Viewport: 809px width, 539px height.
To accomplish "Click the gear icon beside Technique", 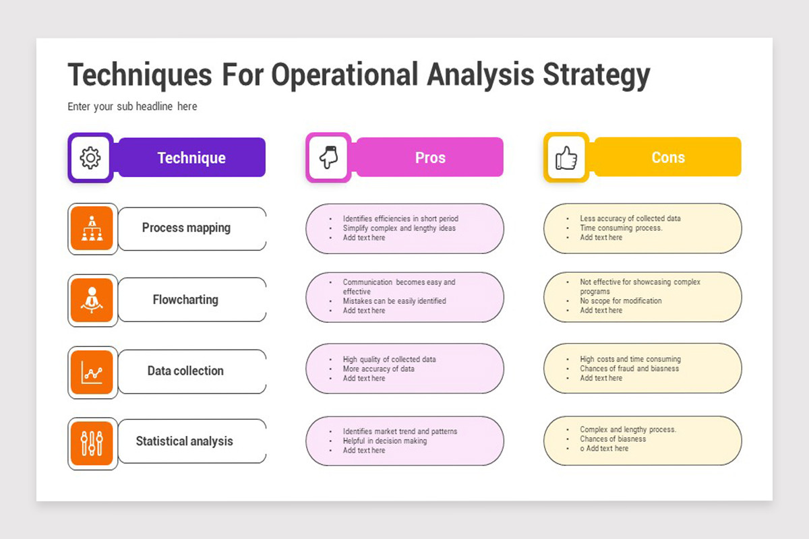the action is coord(90,158).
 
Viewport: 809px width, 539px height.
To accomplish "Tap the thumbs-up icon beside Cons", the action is coord(566,158).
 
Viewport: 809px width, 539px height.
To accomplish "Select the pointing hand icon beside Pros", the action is coord(328,157).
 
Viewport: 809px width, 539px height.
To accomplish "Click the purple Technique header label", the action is coord(191,158).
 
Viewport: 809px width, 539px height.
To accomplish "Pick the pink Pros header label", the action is coord(430,157).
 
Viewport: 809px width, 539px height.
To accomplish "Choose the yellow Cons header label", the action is coord(668,157).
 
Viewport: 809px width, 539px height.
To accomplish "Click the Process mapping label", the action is coord(186,228).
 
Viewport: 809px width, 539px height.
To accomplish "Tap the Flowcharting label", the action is coord(185,300).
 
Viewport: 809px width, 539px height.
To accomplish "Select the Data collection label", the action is coord(185,371).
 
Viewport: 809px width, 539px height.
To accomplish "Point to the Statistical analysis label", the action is coord(185,441).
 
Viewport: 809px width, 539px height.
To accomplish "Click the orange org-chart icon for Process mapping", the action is coord(92,228).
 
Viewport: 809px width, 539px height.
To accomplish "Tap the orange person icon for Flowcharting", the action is coord(92,300).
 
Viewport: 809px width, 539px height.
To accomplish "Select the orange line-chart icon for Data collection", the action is coord(92,372).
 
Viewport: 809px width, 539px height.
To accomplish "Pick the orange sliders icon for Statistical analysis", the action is coord(92,443).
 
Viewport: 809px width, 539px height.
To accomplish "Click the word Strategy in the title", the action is coord(597,75).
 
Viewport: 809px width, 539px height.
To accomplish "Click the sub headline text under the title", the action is coord(132,106).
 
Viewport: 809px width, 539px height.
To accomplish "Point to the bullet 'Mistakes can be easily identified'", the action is coord(394,300).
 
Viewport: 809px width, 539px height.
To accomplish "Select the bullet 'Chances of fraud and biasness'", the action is coord(630,369).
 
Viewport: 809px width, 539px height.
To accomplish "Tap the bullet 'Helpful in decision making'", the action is coord(385,441).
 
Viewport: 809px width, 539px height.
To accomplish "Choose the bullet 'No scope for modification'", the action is coord(621,300).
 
